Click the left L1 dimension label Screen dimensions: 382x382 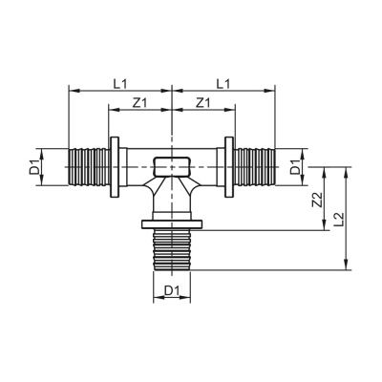(119, 84)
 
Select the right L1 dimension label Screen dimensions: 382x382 (223, 84)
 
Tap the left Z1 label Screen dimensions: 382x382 (139, 102)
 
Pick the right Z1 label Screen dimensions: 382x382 (202, 102)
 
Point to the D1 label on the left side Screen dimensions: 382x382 (34, 169)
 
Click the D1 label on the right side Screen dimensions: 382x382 (296, 169)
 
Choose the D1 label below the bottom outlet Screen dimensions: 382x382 (172, 289)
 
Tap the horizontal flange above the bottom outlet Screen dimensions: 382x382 (171, 226)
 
